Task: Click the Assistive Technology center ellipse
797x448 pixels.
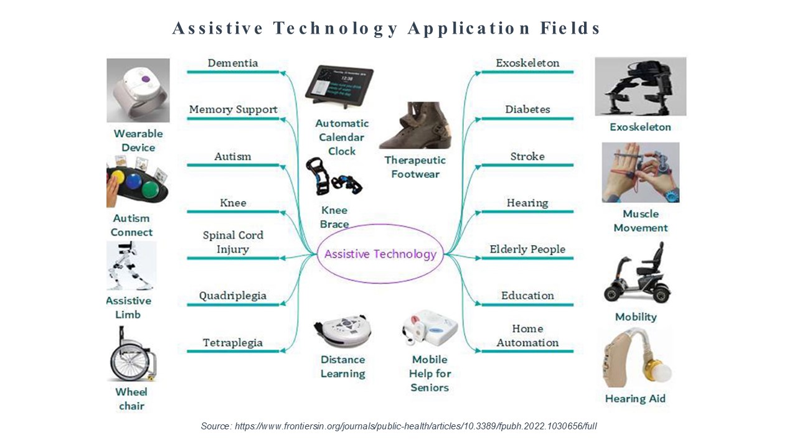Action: pos(380,224)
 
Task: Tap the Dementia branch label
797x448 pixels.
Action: pos(233,63)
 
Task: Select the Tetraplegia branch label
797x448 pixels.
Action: pos(233,343)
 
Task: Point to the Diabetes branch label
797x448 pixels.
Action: pos(527,109)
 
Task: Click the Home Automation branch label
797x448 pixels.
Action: pos(527,335)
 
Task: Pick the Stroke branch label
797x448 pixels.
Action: pos(527,156)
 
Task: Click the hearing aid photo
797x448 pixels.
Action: pos(636,358)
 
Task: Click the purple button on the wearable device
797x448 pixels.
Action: pos(145,78)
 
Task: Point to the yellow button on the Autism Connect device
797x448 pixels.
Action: pos(118,177)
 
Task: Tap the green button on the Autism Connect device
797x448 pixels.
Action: pos(150,189)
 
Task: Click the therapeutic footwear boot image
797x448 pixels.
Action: pos(415,125)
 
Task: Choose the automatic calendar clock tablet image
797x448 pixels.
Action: pos(339,86)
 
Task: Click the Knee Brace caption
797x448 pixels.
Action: pos(334,217)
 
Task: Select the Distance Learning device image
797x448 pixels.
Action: pos(342,330)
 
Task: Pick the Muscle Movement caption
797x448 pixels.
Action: pos(641,221)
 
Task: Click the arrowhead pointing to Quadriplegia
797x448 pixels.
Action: pos(283,304)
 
